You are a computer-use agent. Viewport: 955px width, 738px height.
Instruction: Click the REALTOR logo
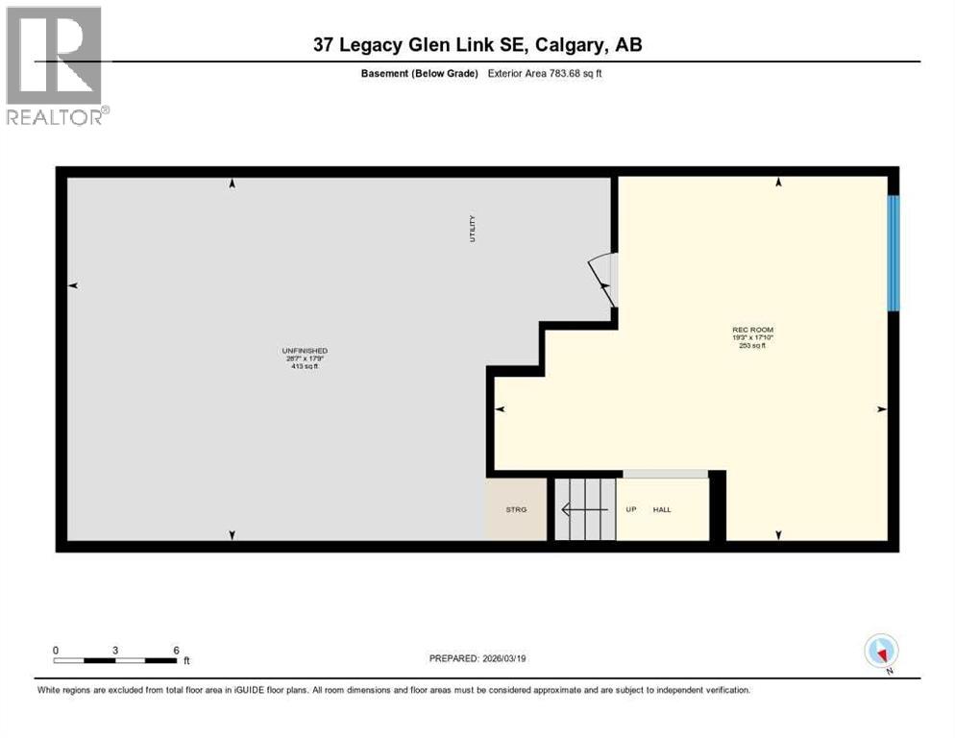[55, 65]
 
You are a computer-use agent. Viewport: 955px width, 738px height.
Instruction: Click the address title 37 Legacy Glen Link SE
[477, 44]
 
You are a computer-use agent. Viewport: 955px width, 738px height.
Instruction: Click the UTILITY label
[473, 229]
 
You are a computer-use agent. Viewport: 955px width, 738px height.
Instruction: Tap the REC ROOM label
[752, 330]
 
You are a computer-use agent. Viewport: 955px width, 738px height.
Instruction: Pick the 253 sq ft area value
[752, 345]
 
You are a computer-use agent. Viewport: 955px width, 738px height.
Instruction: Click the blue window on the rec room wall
[893, 254]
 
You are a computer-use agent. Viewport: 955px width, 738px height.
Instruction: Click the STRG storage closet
[517, 509]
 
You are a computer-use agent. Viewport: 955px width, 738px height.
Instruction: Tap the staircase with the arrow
[584, 509]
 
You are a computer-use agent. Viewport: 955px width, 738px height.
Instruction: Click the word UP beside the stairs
[631, 509]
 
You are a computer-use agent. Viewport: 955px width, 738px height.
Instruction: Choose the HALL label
[662, 509]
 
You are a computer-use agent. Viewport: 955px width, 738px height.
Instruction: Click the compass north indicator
[881, 652]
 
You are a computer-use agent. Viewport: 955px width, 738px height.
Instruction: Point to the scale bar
[115, 661]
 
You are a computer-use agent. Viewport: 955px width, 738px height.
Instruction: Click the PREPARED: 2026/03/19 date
[477, 658]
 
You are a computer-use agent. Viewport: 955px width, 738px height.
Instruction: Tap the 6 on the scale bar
[176, 650]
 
